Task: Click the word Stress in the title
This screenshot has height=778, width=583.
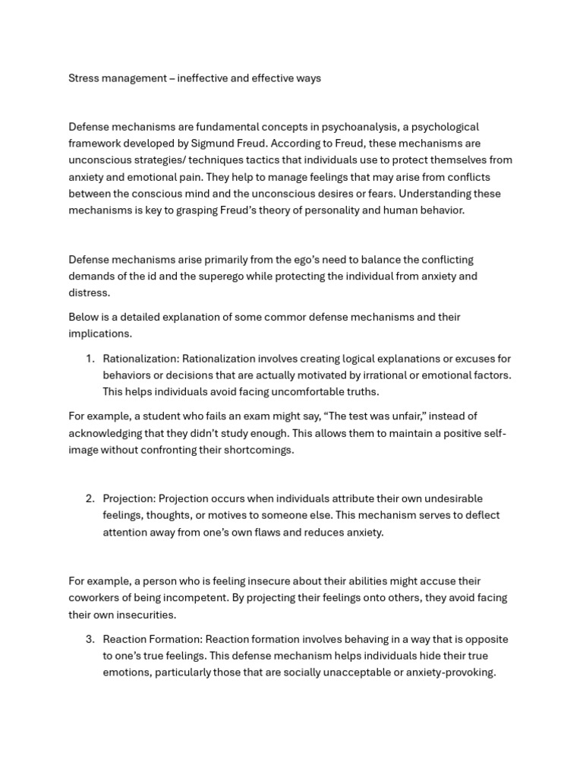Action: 84,78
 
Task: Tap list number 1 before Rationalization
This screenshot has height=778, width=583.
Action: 89,359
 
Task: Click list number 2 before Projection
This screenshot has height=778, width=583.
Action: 89,498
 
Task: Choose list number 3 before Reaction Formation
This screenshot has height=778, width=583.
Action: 89,639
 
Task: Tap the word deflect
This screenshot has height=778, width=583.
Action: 483,515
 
